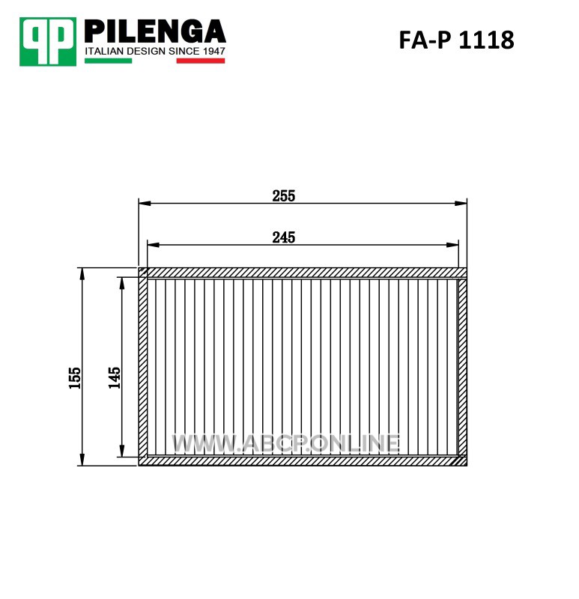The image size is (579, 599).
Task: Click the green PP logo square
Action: click(48, 41)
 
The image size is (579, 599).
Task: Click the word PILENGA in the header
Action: click(155, 31)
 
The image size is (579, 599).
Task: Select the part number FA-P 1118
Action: click(456, 40)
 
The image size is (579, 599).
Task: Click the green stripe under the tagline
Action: click(108, 61)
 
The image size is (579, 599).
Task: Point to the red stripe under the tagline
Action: click(201, 61)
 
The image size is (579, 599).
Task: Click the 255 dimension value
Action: click(284, 196)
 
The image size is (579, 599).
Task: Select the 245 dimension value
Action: click(284, 237)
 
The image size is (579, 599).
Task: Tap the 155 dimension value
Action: click(75, 378)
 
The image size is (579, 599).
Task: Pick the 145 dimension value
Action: click(115, 378)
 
